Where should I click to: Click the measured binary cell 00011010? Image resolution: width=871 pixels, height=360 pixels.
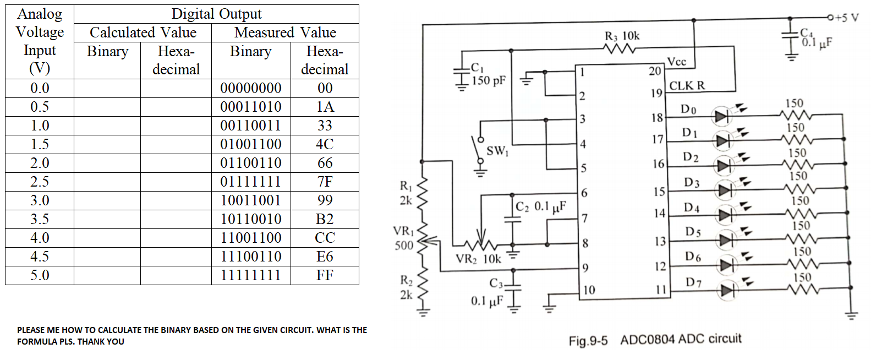(251, 107)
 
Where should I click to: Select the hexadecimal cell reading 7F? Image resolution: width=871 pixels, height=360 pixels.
(325, 182)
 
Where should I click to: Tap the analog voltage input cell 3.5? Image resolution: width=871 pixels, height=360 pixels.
(40, 219)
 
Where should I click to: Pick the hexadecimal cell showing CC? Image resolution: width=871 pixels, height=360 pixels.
(325, 238)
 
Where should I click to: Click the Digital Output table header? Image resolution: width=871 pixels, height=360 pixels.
(216, 14)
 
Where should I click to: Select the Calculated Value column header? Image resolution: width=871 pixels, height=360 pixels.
(143, 32)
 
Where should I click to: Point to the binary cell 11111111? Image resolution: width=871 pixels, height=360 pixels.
(251, 275)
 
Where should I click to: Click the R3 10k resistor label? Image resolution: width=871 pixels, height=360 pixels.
(622, 36)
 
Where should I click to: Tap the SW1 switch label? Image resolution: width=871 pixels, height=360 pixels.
(497, 150)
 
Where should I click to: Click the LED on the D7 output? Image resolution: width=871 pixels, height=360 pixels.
(727, 290)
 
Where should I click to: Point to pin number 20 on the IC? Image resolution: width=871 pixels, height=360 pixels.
(655, 71)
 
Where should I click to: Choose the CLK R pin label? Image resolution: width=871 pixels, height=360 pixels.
(687, 86)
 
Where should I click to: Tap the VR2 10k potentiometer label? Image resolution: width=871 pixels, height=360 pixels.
(478, 259)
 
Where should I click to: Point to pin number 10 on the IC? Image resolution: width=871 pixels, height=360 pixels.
(589, 290)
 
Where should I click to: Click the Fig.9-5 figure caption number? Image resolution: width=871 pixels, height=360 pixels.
(588, 341)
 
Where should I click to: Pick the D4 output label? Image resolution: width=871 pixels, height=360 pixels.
(692, 208)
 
